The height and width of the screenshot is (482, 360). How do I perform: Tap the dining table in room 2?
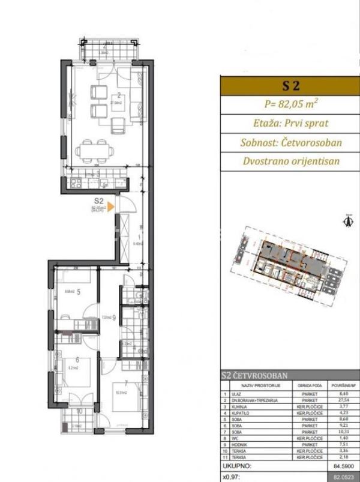click(93, 148)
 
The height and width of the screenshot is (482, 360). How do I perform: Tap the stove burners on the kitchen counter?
click(77, 182)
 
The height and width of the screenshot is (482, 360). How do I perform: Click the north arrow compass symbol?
click(346, 220)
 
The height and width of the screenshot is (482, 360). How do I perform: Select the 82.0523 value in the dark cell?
click(343, 476)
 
